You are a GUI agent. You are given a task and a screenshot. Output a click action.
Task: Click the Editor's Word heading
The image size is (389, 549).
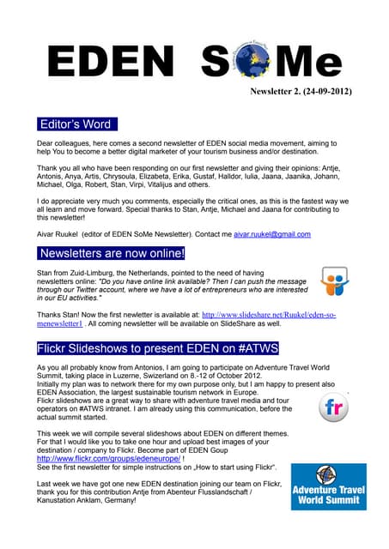coord(75,124)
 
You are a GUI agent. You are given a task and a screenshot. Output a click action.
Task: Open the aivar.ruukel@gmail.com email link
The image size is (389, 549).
coord(271,233)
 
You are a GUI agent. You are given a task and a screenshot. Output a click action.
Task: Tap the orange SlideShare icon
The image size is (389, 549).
coord(334,281)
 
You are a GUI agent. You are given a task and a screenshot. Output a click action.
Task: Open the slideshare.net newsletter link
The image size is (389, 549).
coord(270,317)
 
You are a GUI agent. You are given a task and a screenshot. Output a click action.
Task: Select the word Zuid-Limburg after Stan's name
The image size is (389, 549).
coord(88,270)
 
